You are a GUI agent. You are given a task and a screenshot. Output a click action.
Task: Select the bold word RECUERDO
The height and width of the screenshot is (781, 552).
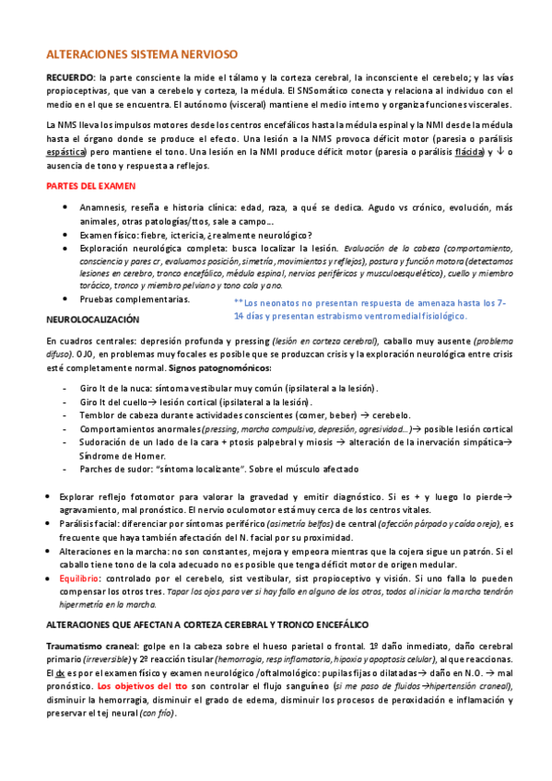coord(70,77)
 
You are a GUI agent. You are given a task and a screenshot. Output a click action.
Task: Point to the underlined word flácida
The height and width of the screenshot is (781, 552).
coord(464,150)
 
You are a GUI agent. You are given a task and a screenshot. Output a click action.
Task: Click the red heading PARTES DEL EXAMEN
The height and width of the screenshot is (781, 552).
coord(88,186)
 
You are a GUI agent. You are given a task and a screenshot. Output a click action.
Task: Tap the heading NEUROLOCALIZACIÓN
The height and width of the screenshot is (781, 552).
coord(92,319)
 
